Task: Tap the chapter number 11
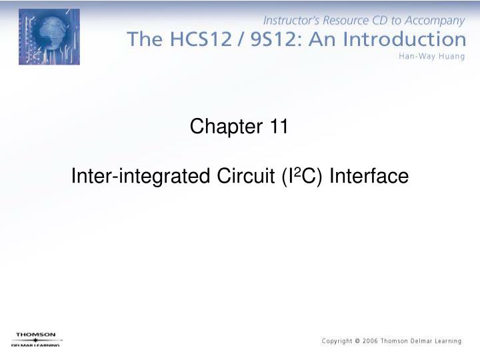point(279,126)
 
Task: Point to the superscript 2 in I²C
point(297,173)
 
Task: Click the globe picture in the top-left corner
point(49,37)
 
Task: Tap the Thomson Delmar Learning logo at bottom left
point(36,339)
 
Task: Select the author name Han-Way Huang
point(431,56)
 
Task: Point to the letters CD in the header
point(377,21)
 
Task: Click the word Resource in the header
point(345,21)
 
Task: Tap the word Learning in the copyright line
point(445,341)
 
